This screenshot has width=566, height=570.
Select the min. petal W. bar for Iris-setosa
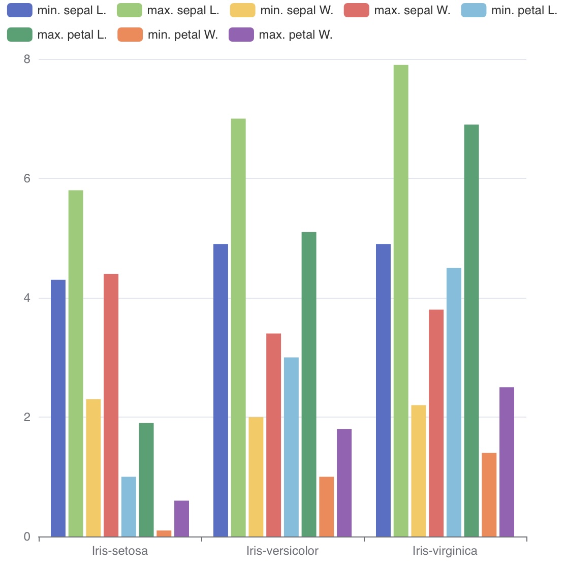pyautogui.click(x=164, y=533)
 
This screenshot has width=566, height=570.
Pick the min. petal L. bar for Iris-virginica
pyautogui.click(x=454, y=402)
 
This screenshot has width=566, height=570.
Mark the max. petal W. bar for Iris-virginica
pyautogui.click(x=507, y=462)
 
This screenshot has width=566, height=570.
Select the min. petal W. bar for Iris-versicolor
pyautogui.click(x=327, y=506)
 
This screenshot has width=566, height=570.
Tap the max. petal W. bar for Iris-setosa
pyautogui.click(x=181, y=519)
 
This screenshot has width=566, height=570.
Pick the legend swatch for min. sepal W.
pyautogui.click(x=242, y=11)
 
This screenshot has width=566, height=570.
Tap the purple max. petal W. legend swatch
pyautogui.click(x=241, y=35)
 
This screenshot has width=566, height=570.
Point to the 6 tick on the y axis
pyautogui.click(x=27, y=178)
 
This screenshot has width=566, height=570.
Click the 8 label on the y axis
pyautogui.click(x=27, y=59)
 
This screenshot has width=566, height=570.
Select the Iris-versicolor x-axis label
pyautogui.click(x=282, y=551)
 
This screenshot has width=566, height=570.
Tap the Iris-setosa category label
pyautogui.click(x=120, y=551)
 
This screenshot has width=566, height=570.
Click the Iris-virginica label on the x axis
pyautogui.click(x=445, y=551)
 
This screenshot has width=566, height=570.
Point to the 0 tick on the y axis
pyautogui.click(x=27, y=536)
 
